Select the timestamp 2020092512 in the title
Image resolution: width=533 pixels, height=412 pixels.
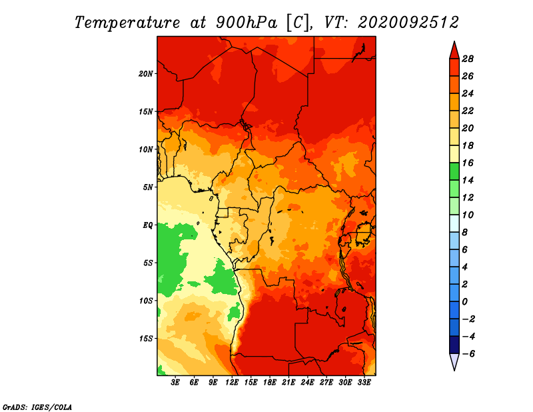[x=408, y=22]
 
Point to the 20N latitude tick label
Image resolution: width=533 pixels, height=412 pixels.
[x=146, y=73]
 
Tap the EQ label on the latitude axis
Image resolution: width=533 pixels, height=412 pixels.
[x=148, y=225]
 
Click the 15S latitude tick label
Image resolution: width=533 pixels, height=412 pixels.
[x=146, y=338]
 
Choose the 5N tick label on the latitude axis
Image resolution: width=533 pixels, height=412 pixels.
[x=148, y=187]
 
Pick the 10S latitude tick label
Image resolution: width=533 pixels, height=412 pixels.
[x=146, y=301]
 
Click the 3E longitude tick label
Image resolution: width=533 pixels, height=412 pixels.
[x=176, y=383]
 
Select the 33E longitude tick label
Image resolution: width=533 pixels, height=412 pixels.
[x=364, y=383]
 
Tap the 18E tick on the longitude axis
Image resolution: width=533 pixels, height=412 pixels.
[x=270, y=383]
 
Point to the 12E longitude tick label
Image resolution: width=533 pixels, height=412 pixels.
[x=232, y=383]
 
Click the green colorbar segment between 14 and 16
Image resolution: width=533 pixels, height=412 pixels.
[x=453, y=171]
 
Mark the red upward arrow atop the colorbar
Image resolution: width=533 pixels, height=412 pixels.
[x=453, y=50]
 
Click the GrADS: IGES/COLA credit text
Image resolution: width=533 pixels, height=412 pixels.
[x=37, y=406]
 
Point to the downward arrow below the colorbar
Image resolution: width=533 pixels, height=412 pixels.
[x=453, y=362]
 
